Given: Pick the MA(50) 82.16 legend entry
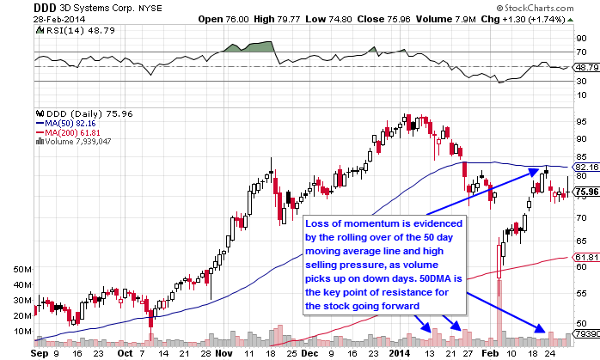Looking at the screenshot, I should pyautogui.click(x=65, y=123).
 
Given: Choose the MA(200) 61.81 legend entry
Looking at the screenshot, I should pyautogui.click(x=67, y=132).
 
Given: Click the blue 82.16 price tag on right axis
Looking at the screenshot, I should pyautogui.click(x=585, y=167).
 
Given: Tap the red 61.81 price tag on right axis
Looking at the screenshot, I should pyautogui.click(x=585, y=256).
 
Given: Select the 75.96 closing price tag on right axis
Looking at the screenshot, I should pyautogui.click(x=585, y=192).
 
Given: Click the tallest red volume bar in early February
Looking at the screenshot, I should pyautogui.click(x=499, y=292).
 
